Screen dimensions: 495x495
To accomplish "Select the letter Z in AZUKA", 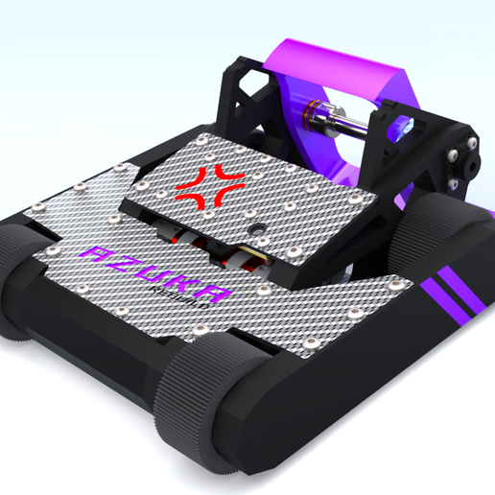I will (x=127, y=265).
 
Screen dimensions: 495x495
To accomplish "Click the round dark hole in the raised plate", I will (x=258, y=231).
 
